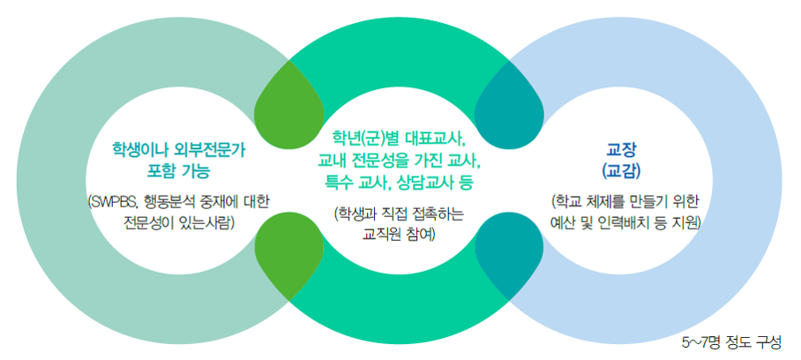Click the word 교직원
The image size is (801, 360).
pyautogui.click(x=378, y=234)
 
